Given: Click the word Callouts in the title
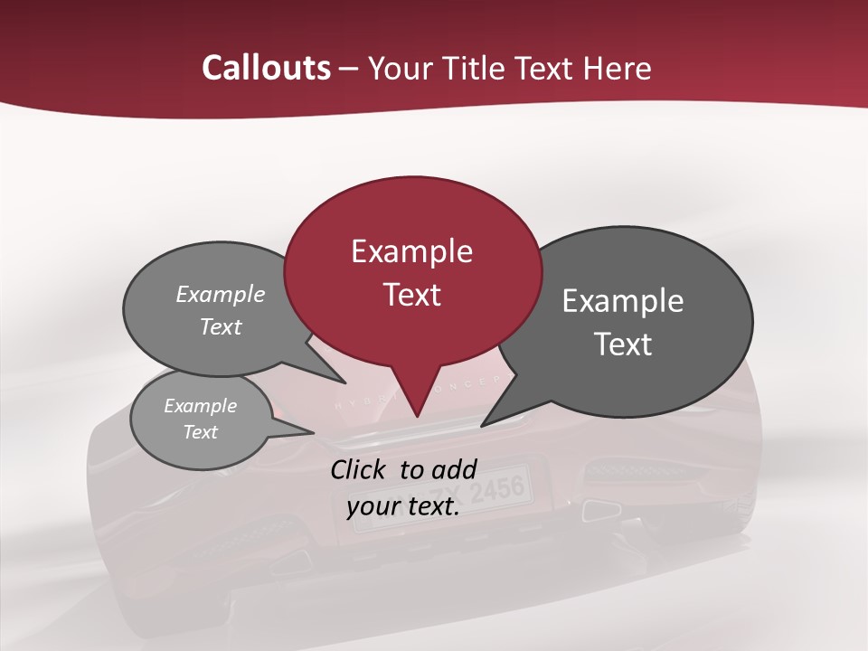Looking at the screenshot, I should point(266,68).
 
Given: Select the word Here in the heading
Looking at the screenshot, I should point(619,68).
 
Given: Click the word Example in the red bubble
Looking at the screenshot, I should point(411,251).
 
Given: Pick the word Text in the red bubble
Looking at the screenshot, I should point(411,295).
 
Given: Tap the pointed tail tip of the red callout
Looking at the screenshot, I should point(416,416).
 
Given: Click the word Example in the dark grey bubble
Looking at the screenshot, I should point(623,301).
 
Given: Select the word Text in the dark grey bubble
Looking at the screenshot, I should point(623,344).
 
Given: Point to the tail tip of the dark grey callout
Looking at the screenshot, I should point(483,425).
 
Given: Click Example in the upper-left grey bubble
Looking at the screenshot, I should point(221,295).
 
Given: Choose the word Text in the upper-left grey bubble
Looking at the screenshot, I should point(221,326).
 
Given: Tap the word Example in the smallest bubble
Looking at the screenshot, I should point(201,406).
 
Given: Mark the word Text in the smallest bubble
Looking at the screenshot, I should point(201,432).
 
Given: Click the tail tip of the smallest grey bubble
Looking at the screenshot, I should point(313,432).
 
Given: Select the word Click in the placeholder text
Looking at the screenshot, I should point(361,469).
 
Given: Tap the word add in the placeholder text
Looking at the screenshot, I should point(456,469).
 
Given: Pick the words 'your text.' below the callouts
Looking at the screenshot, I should point(403,507).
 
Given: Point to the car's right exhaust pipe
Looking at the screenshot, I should point(599,510).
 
